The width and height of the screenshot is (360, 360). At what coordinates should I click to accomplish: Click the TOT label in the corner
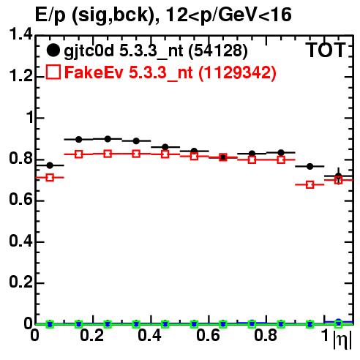tap(326, 50)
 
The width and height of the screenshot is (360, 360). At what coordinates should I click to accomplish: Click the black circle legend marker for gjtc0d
tap(53, 50)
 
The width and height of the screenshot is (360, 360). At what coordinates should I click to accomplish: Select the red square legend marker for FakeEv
tap(53, 72)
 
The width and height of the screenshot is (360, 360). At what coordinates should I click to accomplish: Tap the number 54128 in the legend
tap(218, 51)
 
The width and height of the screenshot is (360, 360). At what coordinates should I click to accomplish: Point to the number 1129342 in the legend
tap(237, 72)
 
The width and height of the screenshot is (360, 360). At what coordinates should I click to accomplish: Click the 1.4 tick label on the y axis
tap(20, 34)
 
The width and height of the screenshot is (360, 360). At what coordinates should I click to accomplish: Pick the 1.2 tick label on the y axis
tap(20, 76)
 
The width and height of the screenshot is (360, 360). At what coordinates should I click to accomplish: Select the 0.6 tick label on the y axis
tap(20, 199)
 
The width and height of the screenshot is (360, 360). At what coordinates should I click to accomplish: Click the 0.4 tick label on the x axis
tap(149, 335)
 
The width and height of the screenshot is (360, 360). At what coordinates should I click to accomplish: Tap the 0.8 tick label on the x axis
tap(266, 335)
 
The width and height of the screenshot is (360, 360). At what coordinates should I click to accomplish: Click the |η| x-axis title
tap(342, 340)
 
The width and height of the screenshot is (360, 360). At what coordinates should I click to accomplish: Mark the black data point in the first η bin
tap(50, 165)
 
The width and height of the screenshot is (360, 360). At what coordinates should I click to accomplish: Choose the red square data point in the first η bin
tap(50, 177)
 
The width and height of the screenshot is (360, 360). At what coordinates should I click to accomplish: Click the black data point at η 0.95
tap(310, 166)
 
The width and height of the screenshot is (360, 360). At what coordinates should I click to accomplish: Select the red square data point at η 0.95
tap(310, 184)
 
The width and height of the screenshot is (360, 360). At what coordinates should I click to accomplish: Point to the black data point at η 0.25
tap(108, 139)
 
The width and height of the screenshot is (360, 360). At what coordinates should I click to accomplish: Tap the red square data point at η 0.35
tap(136, 154)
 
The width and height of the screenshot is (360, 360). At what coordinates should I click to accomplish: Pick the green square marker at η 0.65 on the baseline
tap(223, 324)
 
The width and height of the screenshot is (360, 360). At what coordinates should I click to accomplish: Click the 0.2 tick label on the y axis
tap(20, 282)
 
